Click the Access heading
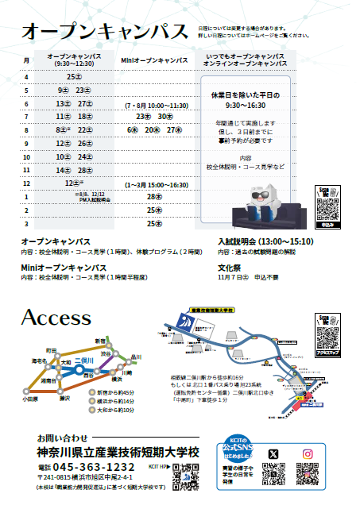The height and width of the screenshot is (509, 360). [x=56, y=318]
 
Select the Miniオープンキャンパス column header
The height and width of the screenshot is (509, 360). [x=154, y=60]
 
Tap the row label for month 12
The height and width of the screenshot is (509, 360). [x=26, y=183]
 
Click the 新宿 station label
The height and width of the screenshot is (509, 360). [x=101, y=340]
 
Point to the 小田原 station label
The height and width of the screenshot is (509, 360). [x=30, y=399]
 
